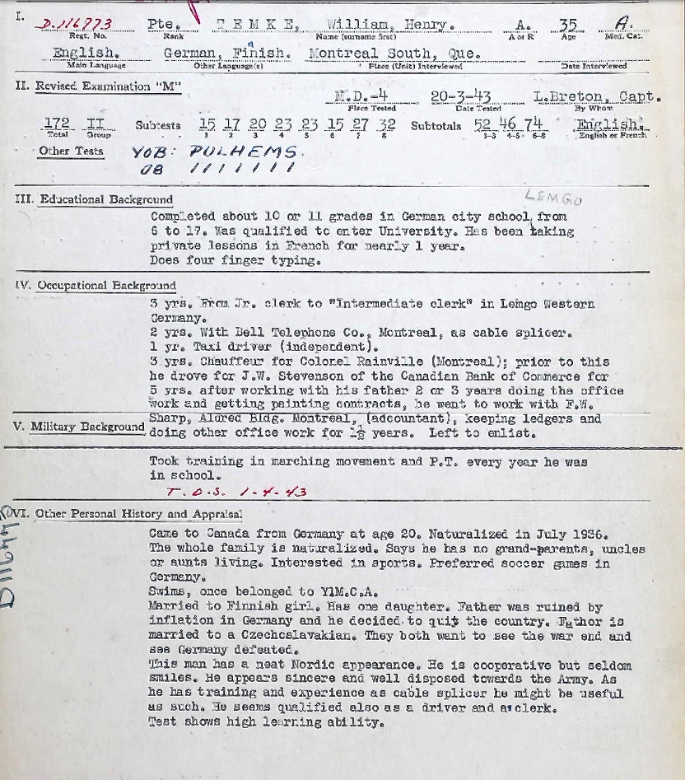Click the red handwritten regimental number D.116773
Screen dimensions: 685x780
pyautogui.click(x=77, y=25)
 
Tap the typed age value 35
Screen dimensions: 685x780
pyautogui.click(x=568, y=25)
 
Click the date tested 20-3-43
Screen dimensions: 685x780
pyautogui.click(x=460, y=96)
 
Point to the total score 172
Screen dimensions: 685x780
pyautogui.click(x=56, y=125)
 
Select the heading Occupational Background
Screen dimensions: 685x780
pyautogui.click(x=106, y=286)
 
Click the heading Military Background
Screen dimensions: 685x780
pyautogui.click(x=87, y=427)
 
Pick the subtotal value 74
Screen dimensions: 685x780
pyautogui.click(x=534, y=125)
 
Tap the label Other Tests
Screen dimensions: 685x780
pyautogui.click(x=71, y=152)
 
